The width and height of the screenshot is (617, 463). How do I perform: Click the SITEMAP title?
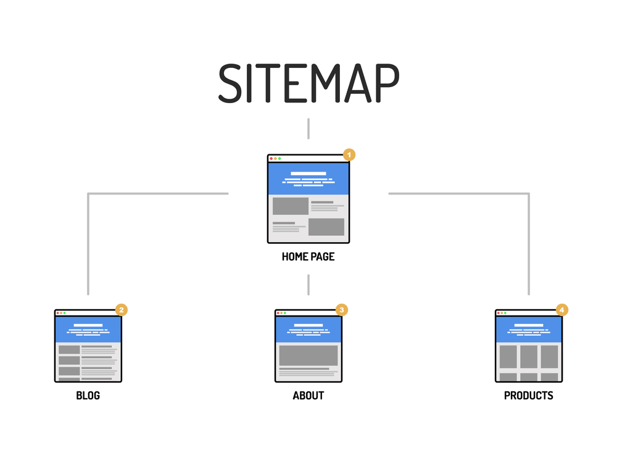(308, 83)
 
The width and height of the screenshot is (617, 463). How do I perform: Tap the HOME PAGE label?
(308, 256)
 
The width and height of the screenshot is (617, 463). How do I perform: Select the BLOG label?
(88, 396)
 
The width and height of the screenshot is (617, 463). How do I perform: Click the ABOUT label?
(308, 396)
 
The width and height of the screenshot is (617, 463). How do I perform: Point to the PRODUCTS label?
(529, 396)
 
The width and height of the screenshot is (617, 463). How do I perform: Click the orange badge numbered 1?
(349, 154)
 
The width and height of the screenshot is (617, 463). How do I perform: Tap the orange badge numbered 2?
(122, 309)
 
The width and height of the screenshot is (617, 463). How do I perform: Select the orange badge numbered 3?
(342, 309)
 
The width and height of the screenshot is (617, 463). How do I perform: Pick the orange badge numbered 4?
(562, 309)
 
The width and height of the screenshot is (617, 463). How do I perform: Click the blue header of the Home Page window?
(308, 179)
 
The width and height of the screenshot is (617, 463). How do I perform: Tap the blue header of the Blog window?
(88, 329)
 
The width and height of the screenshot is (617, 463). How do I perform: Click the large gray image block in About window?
(308, 356)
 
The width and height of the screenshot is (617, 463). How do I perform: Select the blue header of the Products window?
(529, 329)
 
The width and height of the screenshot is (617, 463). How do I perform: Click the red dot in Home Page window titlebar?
(271, 159)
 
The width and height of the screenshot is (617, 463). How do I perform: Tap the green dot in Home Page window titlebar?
(280, 159)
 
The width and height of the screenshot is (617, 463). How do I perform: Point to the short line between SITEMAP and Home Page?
(308, 128)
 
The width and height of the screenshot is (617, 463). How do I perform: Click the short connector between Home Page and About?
(308, 285)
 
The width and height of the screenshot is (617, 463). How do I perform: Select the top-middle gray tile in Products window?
(529, 356)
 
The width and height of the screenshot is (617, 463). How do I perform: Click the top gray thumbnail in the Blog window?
(69, 349)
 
